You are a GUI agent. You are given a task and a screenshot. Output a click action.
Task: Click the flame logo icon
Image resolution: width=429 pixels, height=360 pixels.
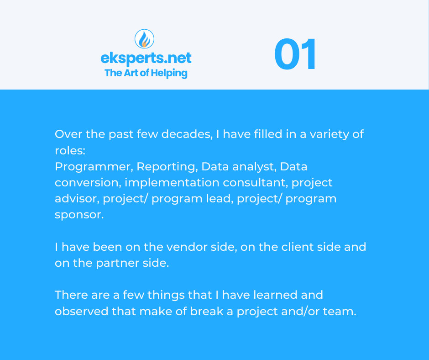[145, 39]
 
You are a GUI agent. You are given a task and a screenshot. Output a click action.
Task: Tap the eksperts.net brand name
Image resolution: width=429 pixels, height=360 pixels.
[146, 58]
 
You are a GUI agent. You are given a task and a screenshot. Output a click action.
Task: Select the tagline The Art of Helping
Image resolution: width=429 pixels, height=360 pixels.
[146, 73]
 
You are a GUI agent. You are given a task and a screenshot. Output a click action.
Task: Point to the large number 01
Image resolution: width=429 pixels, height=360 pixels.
[295, 54]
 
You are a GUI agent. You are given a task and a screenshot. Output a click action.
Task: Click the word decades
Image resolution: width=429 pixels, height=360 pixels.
[187, 134]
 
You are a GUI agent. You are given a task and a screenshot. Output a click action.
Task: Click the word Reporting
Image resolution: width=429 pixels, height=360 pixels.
[167, 167]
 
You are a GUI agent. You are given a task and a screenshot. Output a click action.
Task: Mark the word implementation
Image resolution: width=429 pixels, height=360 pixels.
[172, 183]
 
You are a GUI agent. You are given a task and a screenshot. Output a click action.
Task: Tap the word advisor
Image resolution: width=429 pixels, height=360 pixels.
[77, 199]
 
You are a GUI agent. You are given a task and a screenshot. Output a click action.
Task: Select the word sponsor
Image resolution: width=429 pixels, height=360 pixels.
[79, 215]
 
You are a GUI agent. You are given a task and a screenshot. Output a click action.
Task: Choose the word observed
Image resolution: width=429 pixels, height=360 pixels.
[82, 311]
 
